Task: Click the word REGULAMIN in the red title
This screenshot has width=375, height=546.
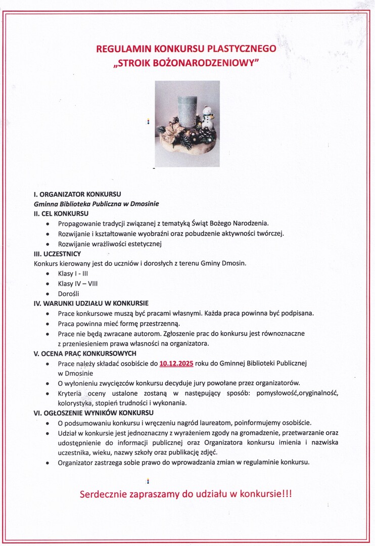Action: point(118,49)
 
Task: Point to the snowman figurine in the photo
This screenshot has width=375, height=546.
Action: point(207,117)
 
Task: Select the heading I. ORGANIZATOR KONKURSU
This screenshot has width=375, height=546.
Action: point(77,194)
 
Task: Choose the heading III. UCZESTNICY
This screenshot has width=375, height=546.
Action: point(57,253)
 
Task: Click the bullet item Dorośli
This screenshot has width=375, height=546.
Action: point(69,294)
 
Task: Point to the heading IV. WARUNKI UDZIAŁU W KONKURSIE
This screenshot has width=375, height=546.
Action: point(91,303)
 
